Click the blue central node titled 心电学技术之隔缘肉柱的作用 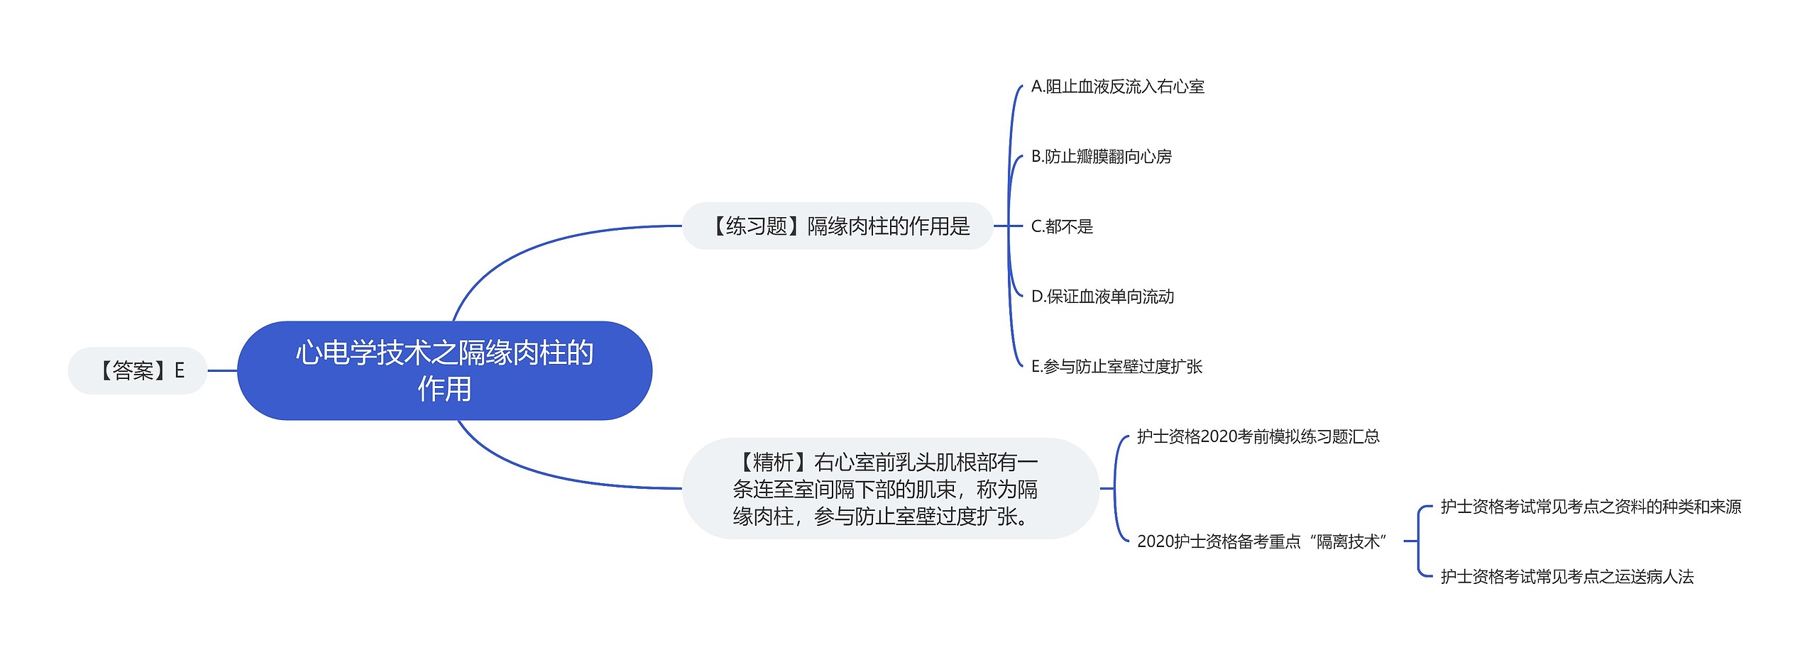click(444, 370)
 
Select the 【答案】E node click(138, 370)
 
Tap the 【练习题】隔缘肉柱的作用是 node click(838, 226)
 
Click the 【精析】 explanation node click(891, 488)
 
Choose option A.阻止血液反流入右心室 click(1118, 87)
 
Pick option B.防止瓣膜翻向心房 click(1102, 156)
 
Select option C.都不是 click(1062, 226)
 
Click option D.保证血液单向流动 click(1102, 296)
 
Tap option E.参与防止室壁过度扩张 click(1116, 366)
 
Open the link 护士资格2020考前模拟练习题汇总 click(1258, 436)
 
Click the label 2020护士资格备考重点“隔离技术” click(1262, 541)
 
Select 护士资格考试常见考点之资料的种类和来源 click(1591, 507)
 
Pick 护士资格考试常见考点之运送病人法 click(1567, 576)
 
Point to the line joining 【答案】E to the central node click(222, 370)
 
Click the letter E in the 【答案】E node click(180, 370)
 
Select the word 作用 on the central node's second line click(444, 389)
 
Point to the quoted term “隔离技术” click(1349, 541)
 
